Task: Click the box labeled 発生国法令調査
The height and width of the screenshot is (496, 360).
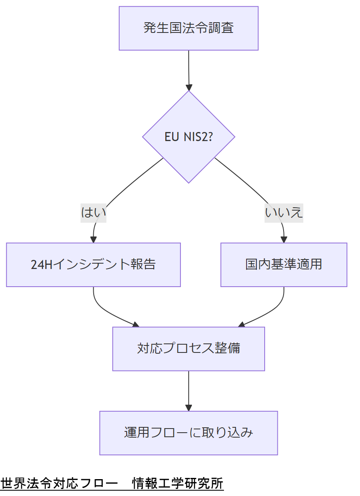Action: (189, 28)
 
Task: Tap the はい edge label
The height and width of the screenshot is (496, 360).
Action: (94, 213)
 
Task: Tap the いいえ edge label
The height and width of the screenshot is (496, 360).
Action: (284, 213)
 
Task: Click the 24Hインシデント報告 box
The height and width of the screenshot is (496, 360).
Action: (93, 264)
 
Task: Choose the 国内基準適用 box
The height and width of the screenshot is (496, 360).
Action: (284, 264)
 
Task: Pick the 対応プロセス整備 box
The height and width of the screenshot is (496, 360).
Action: (189, 349)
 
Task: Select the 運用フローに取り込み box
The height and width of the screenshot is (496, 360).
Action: (189, 433)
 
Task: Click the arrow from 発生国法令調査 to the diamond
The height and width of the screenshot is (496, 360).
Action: (189, 68)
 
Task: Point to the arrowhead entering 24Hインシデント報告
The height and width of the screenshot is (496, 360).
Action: (94, 239)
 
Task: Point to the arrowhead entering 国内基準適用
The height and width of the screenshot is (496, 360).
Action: (284, 239)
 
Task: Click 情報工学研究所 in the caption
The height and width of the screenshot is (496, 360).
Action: (178, 483)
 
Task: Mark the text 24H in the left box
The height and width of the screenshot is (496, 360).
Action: (42, 264)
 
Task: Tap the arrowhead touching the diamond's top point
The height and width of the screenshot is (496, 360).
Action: (189, 88)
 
